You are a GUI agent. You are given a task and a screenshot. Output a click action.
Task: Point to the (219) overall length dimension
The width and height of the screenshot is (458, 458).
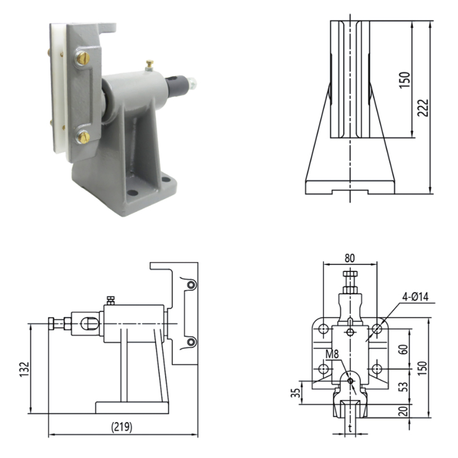pyautogui.click(x=121, y=427)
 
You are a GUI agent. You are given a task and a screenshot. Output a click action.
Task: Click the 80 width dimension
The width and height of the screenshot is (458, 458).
pyautogui.click(x=350, y=258)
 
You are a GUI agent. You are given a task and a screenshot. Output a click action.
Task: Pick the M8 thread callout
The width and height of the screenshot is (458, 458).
pyautogui.click(x=333, y=353)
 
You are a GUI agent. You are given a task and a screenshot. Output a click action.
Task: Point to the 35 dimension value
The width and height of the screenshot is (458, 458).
pyautogui.click(x=296, y=392)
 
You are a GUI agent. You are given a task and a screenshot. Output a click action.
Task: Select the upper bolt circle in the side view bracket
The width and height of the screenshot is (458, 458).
pyautogui.click(x=191, y=285)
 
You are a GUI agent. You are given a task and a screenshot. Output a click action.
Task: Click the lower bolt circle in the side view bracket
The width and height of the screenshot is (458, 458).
pyautogui.click(x=191, y=342)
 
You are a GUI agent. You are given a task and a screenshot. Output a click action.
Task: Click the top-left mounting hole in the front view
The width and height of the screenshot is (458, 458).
pyautogui.click(x=323, y=329)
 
